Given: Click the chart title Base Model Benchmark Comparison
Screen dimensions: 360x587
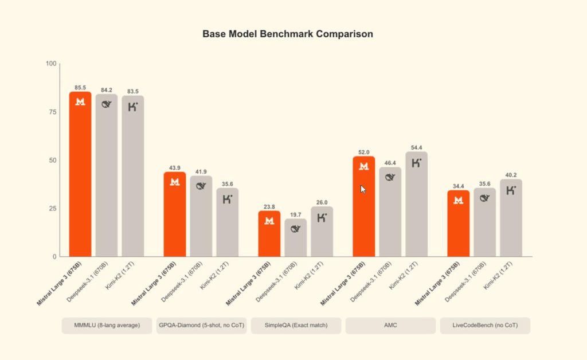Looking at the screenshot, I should click(288, 34).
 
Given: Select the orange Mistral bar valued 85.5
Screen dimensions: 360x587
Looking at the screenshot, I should click(80, 172).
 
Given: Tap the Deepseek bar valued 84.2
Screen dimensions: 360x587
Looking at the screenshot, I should click(107, 175).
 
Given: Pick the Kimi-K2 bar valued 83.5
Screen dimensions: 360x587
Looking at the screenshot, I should click(132, 175).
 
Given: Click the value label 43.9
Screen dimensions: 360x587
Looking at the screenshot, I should click(175, 168).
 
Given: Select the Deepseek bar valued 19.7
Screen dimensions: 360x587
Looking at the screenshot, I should click(296, 238).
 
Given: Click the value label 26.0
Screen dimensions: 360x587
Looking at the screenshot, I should click(322, 202).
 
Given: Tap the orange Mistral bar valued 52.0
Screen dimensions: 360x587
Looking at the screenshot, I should click(363, 206).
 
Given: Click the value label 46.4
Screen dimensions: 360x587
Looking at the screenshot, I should click(390, 163).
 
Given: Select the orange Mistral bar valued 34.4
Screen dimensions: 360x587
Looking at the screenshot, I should click(459, 224).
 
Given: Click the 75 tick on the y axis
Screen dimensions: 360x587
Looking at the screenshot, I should click(52, 112).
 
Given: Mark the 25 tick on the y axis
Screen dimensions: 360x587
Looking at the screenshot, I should click(52, 208).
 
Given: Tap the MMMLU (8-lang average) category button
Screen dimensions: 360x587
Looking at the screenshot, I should click(107, 326).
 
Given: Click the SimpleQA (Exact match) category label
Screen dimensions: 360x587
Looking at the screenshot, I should click(296, 326).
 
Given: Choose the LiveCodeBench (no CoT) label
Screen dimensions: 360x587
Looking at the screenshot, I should click(485, 326).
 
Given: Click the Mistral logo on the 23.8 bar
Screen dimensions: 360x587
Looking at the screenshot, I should click(269, 221).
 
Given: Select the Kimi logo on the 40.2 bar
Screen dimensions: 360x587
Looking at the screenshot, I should click(511, 190).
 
